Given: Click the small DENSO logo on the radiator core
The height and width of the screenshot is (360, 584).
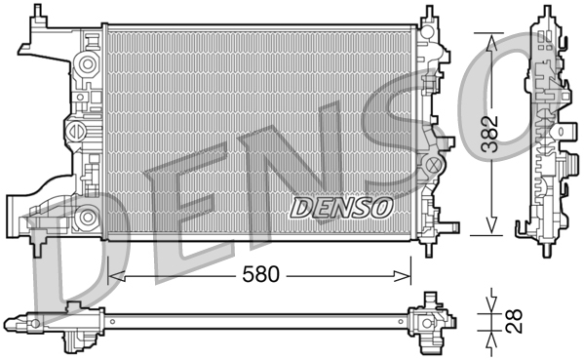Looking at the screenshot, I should [341, 207].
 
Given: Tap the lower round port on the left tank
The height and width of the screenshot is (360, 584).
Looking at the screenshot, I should [89, 216].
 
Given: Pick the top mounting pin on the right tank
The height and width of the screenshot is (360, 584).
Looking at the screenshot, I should [428, 15].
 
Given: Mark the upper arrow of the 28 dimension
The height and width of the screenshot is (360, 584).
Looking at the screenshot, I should [491, 298].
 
